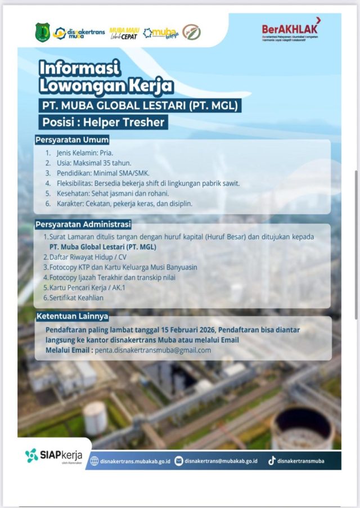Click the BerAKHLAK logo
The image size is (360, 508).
290,30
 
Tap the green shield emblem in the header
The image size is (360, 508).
43,32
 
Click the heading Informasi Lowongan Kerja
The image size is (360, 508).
106,77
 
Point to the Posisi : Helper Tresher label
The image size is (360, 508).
103,122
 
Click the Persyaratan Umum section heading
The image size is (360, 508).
72,140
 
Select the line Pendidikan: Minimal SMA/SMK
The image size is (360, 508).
106,173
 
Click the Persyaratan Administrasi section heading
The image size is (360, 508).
83,225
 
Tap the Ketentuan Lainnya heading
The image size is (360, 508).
72,316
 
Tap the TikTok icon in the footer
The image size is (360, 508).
272,460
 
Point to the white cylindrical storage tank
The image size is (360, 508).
95,417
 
